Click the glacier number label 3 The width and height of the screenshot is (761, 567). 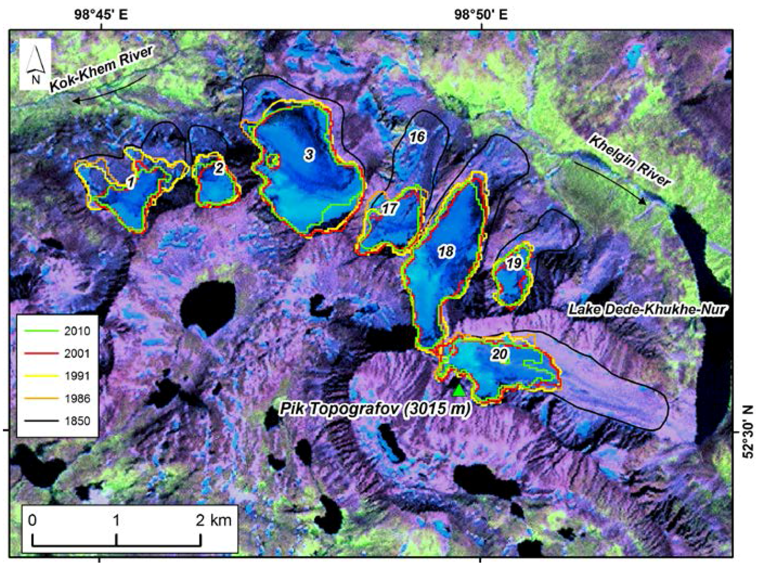click(x=309, y=155)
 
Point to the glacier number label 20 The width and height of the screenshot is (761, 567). click(x=500, y=354)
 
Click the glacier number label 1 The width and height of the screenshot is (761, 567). click(x=130, y=183)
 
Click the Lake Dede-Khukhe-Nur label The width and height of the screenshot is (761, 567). click(x=646, y=310)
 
